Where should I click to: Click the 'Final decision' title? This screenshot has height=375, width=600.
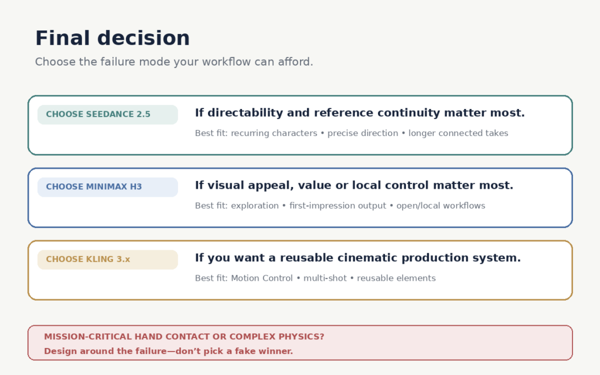click(x=112, y=38)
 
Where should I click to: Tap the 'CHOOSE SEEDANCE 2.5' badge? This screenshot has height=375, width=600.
click(x=108, y=114)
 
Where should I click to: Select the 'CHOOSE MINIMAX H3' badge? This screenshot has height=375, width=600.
click(x=108, y=187)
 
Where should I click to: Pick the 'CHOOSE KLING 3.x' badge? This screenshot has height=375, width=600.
click(x=108, y=260)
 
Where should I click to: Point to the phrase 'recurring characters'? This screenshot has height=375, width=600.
click(x=274, y=133)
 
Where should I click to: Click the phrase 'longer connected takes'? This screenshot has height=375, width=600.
click(x=458, y=133)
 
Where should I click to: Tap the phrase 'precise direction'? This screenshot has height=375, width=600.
click(x=363, y=133)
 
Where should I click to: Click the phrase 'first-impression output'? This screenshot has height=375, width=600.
click(x=337, y=206)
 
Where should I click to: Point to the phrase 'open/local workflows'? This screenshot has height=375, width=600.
click(x=441, y=206)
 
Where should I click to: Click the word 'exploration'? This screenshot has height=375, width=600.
click(x=255, y=206)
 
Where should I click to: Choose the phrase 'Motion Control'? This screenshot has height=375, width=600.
click(x=262, y=278)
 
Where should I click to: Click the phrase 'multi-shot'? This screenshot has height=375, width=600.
click(x=325, y=278)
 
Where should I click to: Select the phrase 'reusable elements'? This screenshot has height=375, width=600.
click(x=396, y=278)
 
